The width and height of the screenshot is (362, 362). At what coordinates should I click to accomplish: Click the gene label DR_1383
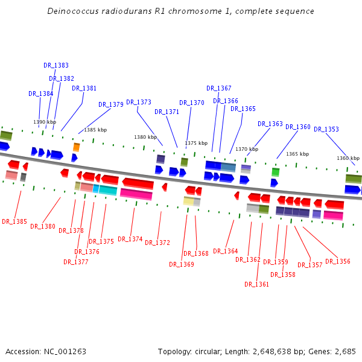[x=56, y=65]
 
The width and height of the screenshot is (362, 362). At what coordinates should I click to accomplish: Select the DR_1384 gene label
[x=40, y=94]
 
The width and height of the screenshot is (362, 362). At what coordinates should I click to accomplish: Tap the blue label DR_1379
[x=110, y=104]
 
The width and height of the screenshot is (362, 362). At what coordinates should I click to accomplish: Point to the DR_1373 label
[x=139, y=102]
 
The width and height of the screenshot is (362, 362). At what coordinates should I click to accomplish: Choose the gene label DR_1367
[x=218, y=88]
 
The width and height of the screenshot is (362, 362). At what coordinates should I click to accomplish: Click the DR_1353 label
[x=326, y=129]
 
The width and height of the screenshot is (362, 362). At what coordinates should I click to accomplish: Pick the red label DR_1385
[x=14, y=221]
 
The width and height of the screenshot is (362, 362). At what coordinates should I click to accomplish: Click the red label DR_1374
[x=130, y=239]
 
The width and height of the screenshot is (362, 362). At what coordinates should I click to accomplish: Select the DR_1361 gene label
[x=256, y=284]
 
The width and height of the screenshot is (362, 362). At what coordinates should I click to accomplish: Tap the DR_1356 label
[x=337, y=261]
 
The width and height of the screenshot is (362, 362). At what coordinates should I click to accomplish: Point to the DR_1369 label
[x=181, y=264]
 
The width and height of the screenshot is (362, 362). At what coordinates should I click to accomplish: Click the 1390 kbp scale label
[x=45, y=122]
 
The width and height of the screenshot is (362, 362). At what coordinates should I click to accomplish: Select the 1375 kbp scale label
[x=196, y=143]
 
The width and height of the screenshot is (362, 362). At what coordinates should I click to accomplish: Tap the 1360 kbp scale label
[x=348, y=158]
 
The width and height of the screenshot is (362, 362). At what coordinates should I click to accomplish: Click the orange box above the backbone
[x=77, y=147]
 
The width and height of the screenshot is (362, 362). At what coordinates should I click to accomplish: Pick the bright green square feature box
[x=275, y=172]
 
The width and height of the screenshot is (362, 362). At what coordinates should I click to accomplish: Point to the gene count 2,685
[x=346, y=351]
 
